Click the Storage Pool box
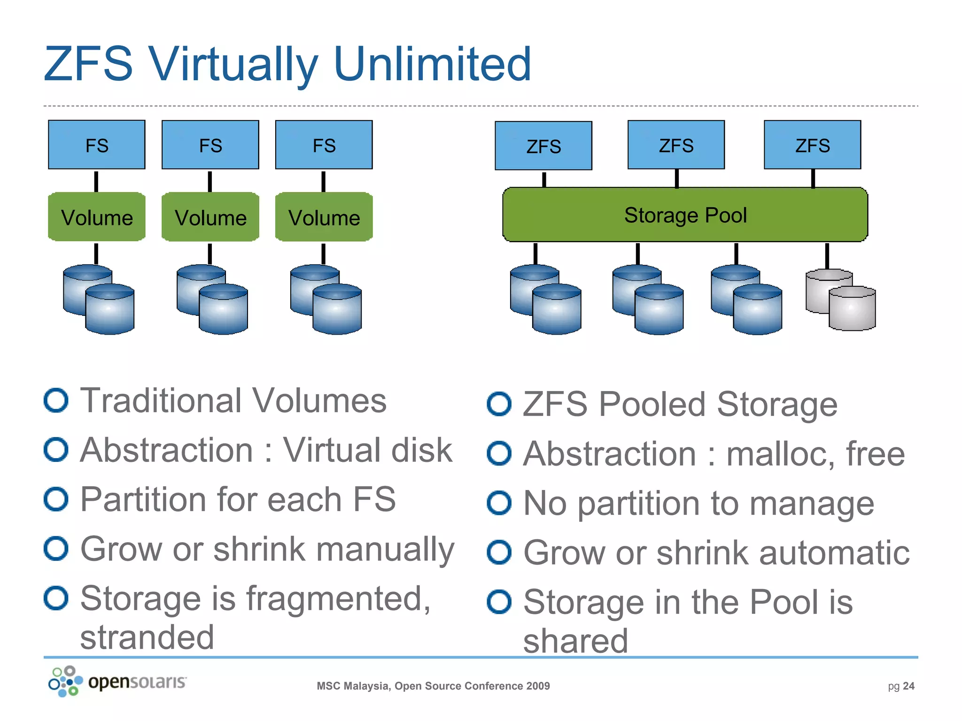tap(685, 215)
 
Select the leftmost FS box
tap(97, 145)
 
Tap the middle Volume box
tap(210, 217)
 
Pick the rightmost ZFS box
tap(812, 145)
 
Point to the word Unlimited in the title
tap(432, 64)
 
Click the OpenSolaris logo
tap(117, 681)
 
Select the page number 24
tap(908, 686)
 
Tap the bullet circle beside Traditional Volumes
tap(56, 400)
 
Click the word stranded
tap(147, 637)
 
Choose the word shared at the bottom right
tap(575, 641)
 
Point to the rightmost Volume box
tap(324, 217)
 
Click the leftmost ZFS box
tap(543, 146)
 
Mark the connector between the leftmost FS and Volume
tap(96, 181)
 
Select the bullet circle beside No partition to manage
tap(499, 503)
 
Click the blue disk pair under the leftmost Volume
tap(99, 299)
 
